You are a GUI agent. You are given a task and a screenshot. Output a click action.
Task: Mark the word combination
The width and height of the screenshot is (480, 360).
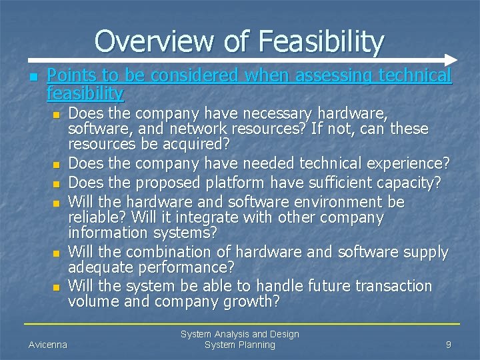tap(159, 252)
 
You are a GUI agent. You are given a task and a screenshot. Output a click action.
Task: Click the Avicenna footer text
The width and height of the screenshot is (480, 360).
tap(48, 345)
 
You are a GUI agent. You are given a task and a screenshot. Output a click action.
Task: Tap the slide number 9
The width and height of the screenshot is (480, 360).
tap(449, 345)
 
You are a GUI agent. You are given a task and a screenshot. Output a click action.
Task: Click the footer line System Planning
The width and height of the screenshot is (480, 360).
tap(239, 345)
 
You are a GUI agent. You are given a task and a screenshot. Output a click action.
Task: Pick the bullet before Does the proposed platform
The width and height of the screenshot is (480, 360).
tap(57, 183)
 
